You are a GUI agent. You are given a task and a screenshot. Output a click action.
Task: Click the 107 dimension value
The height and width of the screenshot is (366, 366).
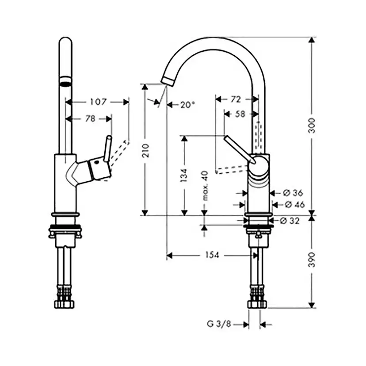click(98, 102)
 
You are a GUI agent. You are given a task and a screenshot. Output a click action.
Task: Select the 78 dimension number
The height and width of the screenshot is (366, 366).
click(90, 119)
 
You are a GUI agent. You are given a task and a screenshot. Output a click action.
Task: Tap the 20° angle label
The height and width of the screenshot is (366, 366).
click(187, 105)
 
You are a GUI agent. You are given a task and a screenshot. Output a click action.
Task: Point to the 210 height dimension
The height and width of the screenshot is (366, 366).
click(145, 151)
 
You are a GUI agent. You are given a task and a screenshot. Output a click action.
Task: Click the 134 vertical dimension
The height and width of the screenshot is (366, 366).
click(184, 175)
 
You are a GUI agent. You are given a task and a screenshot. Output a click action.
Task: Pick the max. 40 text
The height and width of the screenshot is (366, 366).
click(205, 186)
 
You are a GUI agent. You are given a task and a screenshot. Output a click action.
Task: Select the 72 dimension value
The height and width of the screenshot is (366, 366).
click(236, 99)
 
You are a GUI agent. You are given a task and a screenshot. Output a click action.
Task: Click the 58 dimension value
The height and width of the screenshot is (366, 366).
click(240, 114)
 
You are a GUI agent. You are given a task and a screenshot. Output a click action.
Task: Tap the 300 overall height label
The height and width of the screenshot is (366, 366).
click(311, 126)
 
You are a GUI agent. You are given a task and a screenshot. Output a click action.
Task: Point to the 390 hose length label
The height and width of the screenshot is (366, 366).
click(311, 259)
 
